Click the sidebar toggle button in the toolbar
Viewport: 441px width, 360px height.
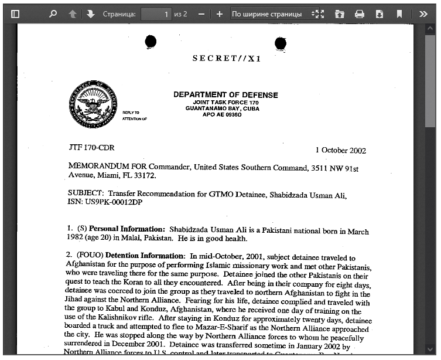coord(16,13)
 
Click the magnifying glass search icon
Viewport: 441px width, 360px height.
coord(53,13)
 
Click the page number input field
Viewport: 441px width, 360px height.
coord(156,13)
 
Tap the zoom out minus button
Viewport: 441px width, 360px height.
coord(201,13)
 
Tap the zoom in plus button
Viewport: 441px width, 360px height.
coord(219,13)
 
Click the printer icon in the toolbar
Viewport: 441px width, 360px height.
coord(360,13)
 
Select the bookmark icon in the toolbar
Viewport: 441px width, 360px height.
coord(399,13)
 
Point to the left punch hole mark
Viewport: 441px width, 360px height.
coord(151,41)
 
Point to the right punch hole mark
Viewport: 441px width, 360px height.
coord(281,43)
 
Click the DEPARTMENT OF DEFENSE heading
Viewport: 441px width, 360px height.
coord(225,95)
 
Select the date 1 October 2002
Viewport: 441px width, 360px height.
coord(340,151)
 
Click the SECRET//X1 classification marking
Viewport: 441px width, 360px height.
coord(227,59)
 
